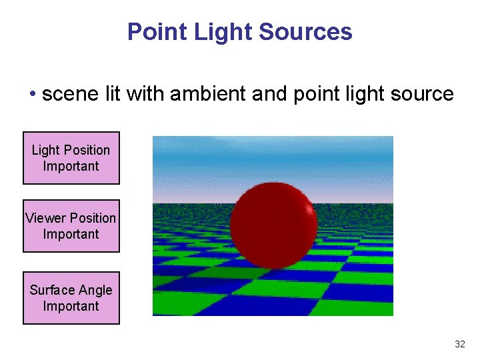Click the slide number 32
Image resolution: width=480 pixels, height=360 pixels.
coord(459,344)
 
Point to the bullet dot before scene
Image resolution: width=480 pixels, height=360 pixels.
coord(32,95)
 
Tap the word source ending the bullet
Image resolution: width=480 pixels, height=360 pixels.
coord(422,94)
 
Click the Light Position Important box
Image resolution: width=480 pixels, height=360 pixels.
coord(71,158)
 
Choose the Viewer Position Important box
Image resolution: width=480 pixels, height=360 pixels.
coord(71,226)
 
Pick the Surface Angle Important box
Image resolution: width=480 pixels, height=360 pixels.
coord(71,298)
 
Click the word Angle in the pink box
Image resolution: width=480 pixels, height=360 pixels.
coord(95,290)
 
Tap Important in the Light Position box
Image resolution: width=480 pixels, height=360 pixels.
coord(71,166)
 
